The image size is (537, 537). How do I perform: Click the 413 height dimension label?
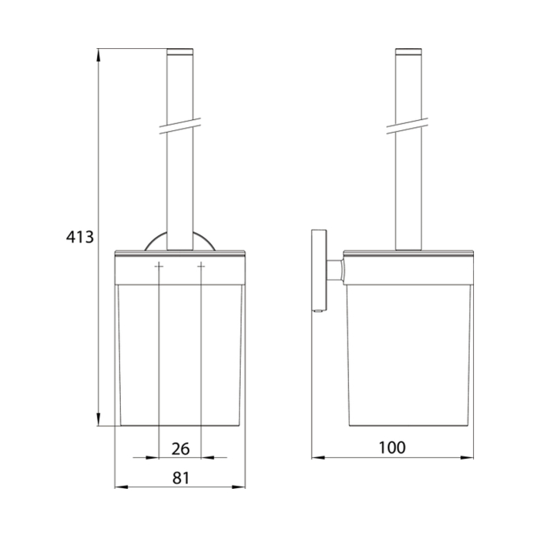[x=80, y=237]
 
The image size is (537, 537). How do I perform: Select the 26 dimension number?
[x=181, y=449]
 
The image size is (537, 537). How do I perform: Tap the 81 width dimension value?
[x=181, y=478]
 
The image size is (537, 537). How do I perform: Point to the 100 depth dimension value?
[x=392, y=448]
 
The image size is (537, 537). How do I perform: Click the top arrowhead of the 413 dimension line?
[x=98, y=55]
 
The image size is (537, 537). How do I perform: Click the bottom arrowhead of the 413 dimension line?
[x=98, y=419]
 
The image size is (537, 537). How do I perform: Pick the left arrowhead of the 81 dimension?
[x=122, y=486]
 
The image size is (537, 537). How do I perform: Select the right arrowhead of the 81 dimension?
[x=238, y=486]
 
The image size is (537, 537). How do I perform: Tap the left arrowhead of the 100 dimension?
[x=318, y=457]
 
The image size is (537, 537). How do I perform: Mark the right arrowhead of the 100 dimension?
[x=467, y=457]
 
